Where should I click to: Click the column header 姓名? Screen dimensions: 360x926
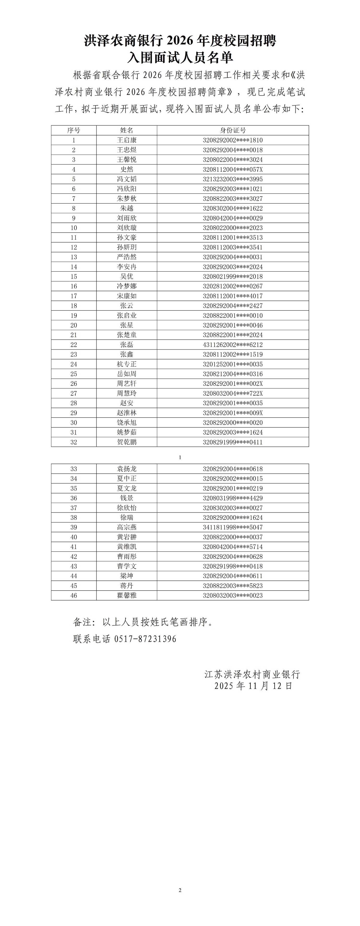126,130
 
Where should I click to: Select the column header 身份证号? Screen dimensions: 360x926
233,130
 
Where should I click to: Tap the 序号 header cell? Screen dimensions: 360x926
74,130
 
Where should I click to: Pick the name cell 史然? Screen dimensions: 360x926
126,169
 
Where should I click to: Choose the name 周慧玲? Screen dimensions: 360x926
126,393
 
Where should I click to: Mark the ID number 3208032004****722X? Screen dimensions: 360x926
233,393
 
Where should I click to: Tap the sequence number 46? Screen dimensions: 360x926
74,596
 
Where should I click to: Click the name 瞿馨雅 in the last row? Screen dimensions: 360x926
126,596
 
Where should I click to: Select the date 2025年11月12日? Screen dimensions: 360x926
253,686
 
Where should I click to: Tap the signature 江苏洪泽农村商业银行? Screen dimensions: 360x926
252,674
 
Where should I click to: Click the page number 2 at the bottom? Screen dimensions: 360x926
180,890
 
